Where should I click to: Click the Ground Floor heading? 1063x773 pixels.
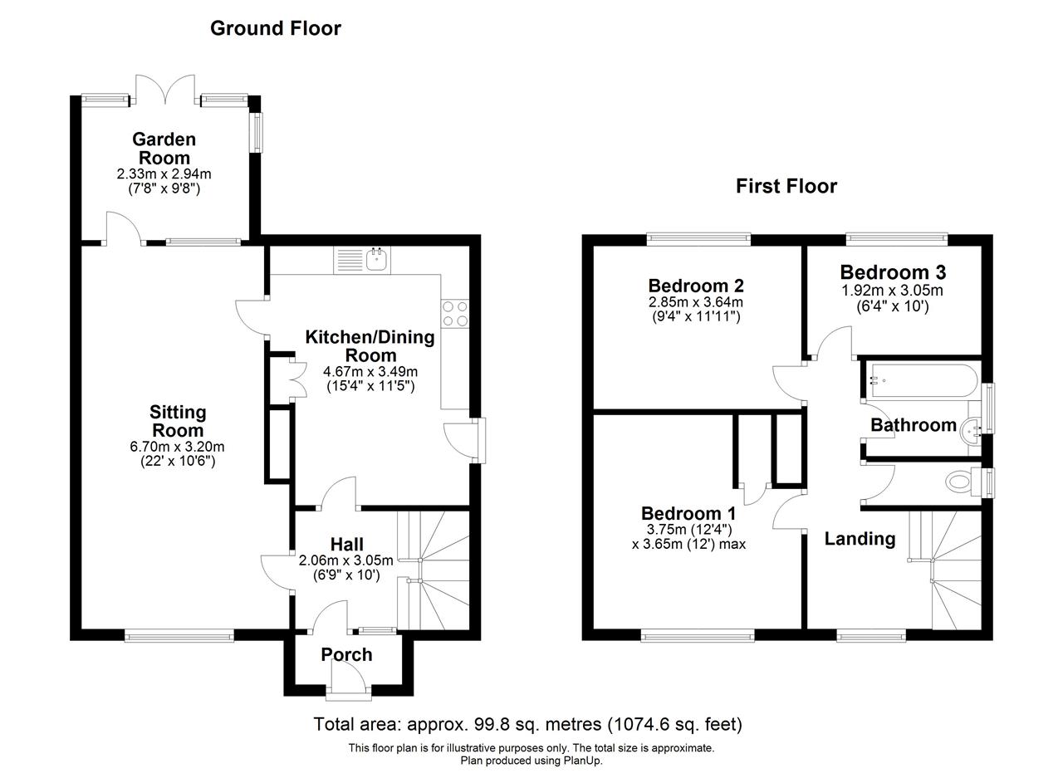pyautogui.click(x=276, y=29)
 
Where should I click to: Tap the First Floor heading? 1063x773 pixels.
pyautogui.click(x=786, y=186)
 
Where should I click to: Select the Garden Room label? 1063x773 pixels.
pyautogui.click(x=164, y=149)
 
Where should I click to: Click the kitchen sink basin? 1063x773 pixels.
pyautogui.click(x=377, y=260)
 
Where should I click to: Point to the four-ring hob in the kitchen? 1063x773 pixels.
pyautogui.click(x=455, y=314)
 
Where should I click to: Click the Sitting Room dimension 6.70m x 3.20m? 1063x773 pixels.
pyautogui.click(x=177, y=447)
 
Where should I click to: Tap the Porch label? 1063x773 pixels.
pyautogui.click(x=346, y=655)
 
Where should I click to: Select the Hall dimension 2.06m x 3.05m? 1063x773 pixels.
pyautogui.click(x=346, y=560)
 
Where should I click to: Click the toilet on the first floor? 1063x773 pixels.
pyautogui.click(x=963, y=482)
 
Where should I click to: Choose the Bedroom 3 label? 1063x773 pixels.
pyautogui.click(x=893, y=272)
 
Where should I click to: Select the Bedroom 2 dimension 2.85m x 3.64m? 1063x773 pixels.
pyautogui.click(x=696, y=301)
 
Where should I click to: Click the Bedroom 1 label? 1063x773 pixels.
pyautogui.click(x=688, y=513)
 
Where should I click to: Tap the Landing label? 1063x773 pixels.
pyautogui.click(x=860, y=539)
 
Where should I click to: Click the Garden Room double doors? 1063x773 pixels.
pyautogui.click(x=165, y=89)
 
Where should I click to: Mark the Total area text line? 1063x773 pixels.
pyautogui.click(x=527, y=725)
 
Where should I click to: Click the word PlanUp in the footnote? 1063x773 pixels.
pyautogui.click(x=582, y=761)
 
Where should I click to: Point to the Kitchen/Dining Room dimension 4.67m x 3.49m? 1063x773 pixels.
pyautogui.click(x=370, y=371)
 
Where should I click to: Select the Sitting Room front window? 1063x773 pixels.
pyautogui.click(x=179, y=635)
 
